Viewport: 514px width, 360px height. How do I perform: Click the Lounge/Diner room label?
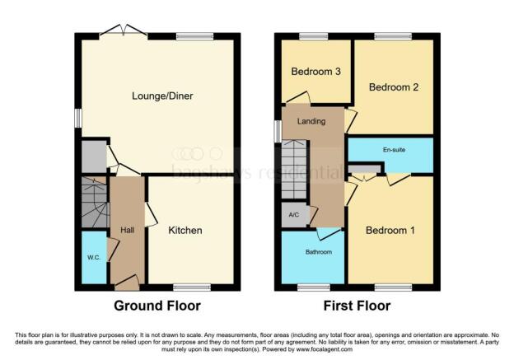coord(157,96)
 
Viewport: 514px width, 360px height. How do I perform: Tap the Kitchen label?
coord(185,231)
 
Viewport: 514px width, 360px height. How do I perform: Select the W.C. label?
coord(94,255)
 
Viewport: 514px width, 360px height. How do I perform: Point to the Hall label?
coord(128,230)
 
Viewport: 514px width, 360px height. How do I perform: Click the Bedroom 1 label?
coord(390,231)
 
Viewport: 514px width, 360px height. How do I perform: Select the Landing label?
coord(311,122)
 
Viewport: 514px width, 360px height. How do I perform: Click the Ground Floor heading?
coord(157,306)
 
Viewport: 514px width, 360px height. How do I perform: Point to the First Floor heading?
coord(355,306)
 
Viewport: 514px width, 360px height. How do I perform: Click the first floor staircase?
coord(294,169)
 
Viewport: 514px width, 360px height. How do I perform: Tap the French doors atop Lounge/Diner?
coord(123,33)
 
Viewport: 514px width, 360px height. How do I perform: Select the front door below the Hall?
coord(127,284)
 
